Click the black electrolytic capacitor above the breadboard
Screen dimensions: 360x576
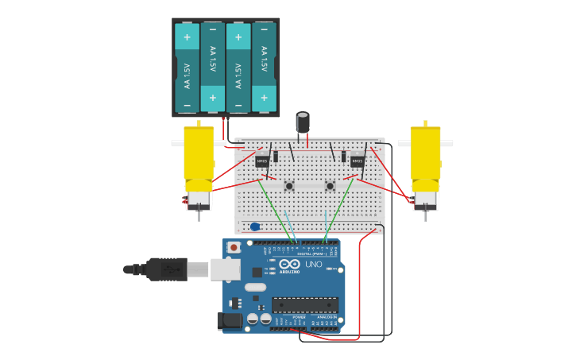tap(303, 122)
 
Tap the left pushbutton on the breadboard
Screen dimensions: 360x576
tap(289, 187)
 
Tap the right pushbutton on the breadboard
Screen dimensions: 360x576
tap(330, 187)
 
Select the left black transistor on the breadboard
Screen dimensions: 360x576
tap(262, 161)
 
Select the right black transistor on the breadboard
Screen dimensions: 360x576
tap(358, 161)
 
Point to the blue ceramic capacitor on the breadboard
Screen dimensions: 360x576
tap(255, 226)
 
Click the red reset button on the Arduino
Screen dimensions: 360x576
tap(234, 248)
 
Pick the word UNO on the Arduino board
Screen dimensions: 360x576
tap(314, 265)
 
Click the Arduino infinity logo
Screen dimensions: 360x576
tap(289, 264)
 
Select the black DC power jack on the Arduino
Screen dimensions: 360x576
tap(230, 320)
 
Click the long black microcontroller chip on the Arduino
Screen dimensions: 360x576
tap(305, 304)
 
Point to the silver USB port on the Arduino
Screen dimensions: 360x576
tap(225, 269)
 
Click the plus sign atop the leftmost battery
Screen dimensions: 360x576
tap(187, 37)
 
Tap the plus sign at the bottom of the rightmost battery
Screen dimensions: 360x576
tap(264, 98)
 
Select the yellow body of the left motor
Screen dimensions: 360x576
tap(199, 153)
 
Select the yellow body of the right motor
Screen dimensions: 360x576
tap(426, 153)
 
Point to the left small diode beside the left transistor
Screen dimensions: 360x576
tap(276, 157)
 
